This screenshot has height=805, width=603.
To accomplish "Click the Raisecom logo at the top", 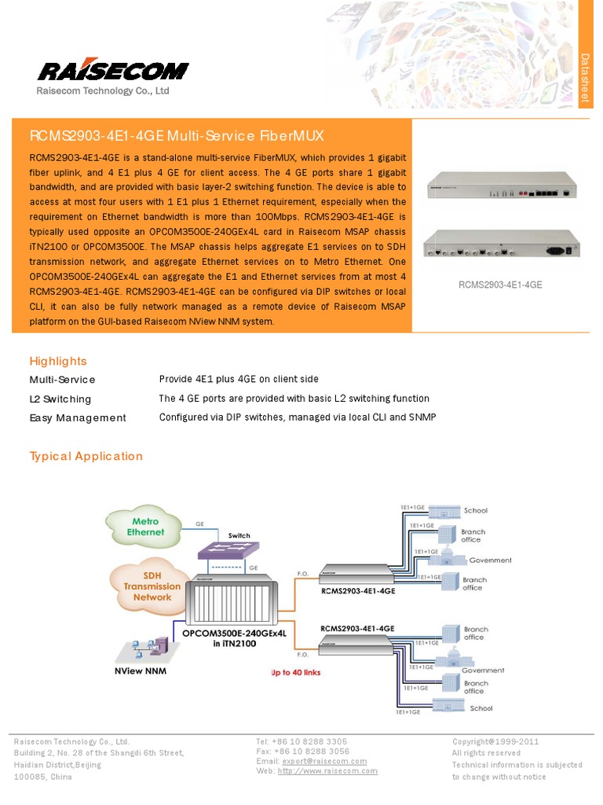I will (112, 70).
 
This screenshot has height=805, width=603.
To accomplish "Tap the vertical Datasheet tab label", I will (584, 78).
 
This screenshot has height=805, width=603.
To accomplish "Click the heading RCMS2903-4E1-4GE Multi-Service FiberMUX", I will (177, 135).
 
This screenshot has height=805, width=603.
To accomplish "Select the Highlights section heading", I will (58, 361).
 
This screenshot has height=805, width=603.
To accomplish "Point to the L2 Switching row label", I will (60, 399).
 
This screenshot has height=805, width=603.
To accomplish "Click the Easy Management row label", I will (78, 418).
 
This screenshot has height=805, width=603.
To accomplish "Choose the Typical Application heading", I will (86, 457).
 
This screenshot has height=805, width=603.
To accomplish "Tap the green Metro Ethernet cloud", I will (145, 527).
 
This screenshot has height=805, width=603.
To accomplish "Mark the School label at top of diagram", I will (476, 511).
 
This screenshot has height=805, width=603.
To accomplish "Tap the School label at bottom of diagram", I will (481, 708).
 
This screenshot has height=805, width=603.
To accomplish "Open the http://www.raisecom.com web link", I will (327, 771).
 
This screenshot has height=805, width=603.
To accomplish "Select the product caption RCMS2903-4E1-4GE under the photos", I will (500, 285).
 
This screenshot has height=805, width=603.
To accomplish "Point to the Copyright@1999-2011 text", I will (495, 741).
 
